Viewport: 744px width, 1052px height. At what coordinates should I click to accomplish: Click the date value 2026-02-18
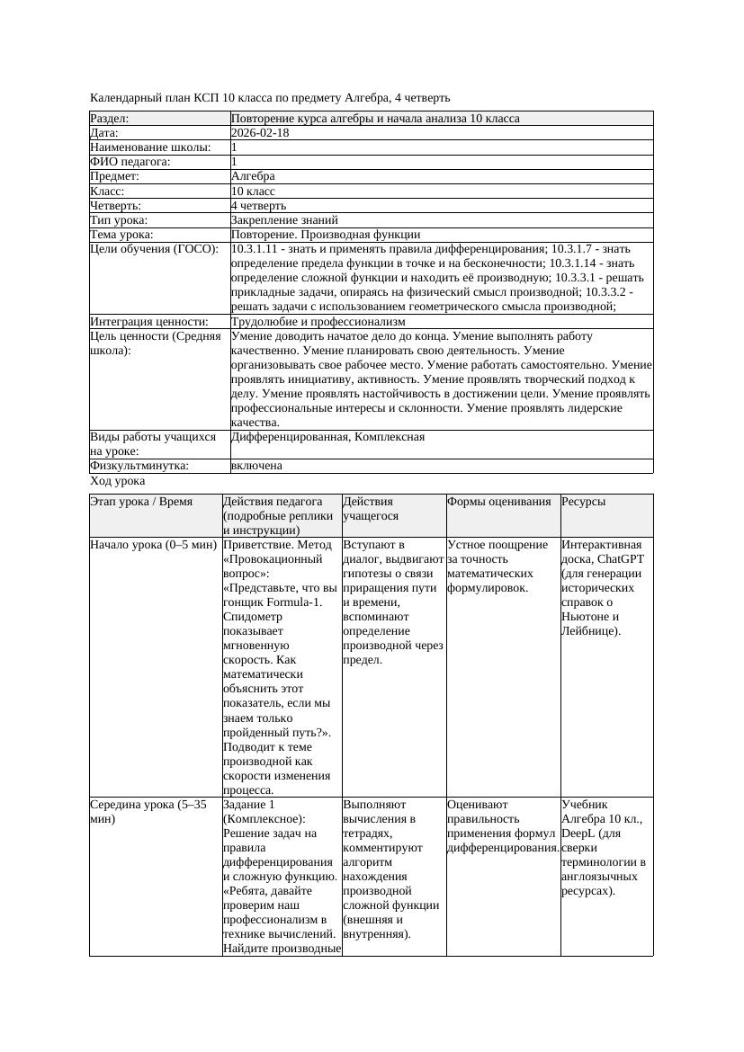click(x=260, y=133)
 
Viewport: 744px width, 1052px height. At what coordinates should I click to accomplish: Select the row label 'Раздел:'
click(x=110, y=119)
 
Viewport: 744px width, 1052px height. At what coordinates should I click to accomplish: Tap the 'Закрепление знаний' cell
click(x=284, y=219)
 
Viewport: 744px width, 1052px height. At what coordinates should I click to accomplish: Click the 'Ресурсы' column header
click(x=583, y=502)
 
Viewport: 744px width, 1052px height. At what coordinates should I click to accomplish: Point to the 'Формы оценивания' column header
click(x=498, y=502)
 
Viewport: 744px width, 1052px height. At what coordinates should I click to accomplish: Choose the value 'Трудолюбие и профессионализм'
click(x=318, y=321)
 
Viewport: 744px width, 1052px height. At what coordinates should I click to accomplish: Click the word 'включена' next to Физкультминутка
click(x=256, y=466)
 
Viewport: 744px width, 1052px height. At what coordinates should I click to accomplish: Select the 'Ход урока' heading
click(x=118, y=482)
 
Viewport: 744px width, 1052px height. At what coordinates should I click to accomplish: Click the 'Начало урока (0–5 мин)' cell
click(x=154, y=545)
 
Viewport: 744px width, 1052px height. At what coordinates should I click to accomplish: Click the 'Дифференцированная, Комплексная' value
click(x=327, y=437)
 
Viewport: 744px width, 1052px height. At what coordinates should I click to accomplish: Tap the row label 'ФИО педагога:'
click(x=130, y=162)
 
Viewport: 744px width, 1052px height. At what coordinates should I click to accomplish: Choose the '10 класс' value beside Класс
click(x=253, y=192)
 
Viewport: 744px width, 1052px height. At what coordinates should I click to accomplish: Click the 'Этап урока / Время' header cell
click(x=141, y=502)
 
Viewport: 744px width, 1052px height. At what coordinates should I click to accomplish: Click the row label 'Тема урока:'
click(x=121, y=235)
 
